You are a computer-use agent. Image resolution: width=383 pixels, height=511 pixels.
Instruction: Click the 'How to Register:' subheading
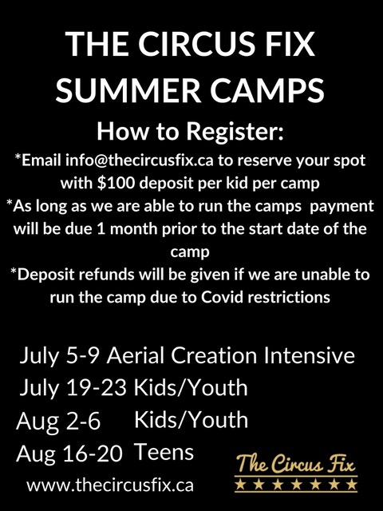[190, 131]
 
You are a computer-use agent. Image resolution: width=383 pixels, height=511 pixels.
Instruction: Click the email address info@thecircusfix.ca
[140, 160]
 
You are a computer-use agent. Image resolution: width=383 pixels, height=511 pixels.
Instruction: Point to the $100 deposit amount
[116, 183]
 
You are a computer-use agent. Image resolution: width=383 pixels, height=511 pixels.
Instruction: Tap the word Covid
[222, 296]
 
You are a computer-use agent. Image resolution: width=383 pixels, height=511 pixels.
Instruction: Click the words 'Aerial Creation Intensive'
[231, 355]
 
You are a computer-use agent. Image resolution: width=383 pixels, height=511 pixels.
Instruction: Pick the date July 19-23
[73, 389]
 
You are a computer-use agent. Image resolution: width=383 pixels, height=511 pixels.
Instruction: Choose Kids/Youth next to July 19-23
[191, 387]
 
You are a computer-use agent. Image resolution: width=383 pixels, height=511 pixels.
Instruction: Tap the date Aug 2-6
[58, 421]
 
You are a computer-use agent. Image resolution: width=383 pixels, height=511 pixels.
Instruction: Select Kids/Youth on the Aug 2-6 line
[191, 419]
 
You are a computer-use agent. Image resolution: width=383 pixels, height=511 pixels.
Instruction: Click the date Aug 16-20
[69, 454]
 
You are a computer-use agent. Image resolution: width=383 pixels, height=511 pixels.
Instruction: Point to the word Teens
[164, 452]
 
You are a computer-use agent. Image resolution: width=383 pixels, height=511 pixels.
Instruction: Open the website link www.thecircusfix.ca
[110, 485]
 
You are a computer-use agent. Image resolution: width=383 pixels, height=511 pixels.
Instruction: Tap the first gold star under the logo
[240, 485]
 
